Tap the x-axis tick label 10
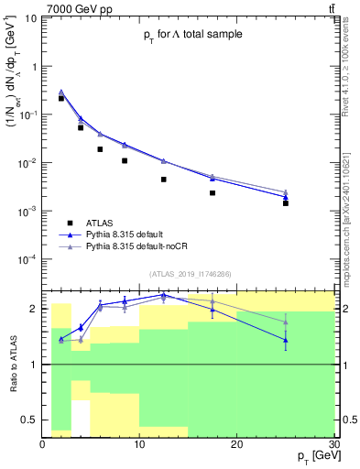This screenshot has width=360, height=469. [139, 444]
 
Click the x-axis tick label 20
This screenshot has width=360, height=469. [237, 444]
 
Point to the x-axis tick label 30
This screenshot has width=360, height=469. [333, 444]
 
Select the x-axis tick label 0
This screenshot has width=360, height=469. [43, 444]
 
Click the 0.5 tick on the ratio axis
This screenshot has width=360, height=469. [30, 420]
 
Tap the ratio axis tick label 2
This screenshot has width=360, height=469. [35, 309]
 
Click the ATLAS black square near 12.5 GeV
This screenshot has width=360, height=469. [164, 180]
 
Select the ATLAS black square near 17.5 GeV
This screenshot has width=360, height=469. [213, 192]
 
